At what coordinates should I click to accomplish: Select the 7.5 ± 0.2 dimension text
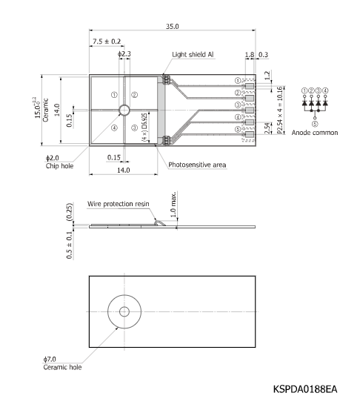(107, 42)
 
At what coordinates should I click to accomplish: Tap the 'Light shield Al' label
(193, 54)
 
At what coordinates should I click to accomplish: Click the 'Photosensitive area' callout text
(197, 164)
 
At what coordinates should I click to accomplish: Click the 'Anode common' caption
(315, 133)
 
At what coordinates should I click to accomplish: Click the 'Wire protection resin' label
(118, 202)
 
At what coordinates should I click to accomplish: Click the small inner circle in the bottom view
(123, 311)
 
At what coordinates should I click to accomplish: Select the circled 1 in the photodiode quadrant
(113, 95)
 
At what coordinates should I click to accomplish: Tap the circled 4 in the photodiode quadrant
(113, 127)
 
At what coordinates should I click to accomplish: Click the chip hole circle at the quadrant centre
(124, 110)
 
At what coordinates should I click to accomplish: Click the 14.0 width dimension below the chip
(124, 171)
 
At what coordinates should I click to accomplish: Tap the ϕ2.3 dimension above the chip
(124, 54)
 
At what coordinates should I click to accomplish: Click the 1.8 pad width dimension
(250, 54)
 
